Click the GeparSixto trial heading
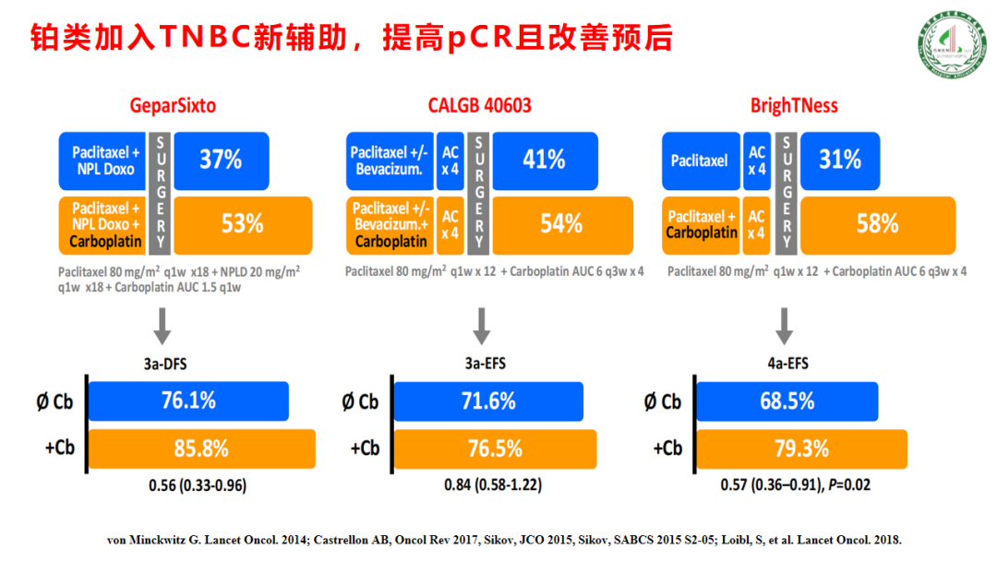tap(173, 105)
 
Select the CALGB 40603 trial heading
tap(479, 105)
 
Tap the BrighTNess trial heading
tap(794, 105)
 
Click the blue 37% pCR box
tap(222, 160)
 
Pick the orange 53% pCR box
tap(243, 223)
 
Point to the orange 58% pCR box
tap(876, 223)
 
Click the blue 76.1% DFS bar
tap(188, 401)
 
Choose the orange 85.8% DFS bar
tap(201, 449)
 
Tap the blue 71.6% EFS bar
tap(488, 401)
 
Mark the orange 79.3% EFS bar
tap(800, 449)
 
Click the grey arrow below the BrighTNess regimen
tap(784, 325)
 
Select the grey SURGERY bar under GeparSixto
tap(161, 192)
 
